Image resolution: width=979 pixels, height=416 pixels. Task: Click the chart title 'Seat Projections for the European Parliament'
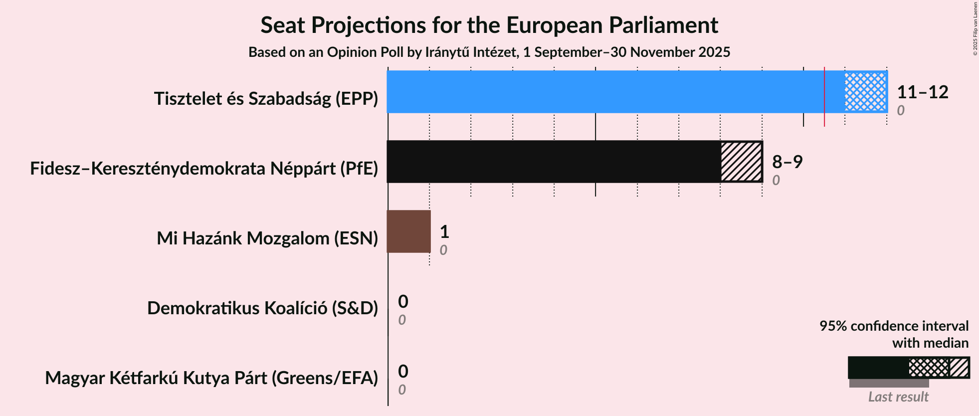489,25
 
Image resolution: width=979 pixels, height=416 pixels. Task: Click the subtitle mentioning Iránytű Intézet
489,52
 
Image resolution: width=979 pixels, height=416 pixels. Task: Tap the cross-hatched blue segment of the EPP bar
866,92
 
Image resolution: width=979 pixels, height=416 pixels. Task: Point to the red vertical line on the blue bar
824,95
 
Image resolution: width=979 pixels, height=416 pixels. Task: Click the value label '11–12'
922,92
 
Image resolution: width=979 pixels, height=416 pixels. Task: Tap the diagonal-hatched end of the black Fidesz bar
742,162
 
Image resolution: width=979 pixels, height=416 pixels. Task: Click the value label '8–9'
787,162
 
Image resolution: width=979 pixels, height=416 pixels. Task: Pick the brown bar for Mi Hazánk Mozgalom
408,231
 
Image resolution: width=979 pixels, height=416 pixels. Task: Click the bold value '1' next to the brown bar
444,231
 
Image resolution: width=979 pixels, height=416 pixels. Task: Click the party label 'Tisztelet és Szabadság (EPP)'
266,99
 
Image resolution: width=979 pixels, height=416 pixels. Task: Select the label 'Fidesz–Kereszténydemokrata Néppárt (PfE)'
204,169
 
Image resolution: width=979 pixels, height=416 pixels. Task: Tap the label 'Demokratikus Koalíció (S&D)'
262,308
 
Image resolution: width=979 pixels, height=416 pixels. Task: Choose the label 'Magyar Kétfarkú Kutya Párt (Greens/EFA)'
211,378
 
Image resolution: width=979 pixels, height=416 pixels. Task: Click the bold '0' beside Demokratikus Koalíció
403,301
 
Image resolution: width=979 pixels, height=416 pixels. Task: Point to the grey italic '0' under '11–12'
900,110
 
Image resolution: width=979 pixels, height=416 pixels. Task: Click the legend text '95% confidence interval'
894,326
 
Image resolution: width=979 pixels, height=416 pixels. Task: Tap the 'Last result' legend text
898,397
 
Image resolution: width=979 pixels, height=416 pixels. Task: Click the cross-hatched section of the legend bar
928,368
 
